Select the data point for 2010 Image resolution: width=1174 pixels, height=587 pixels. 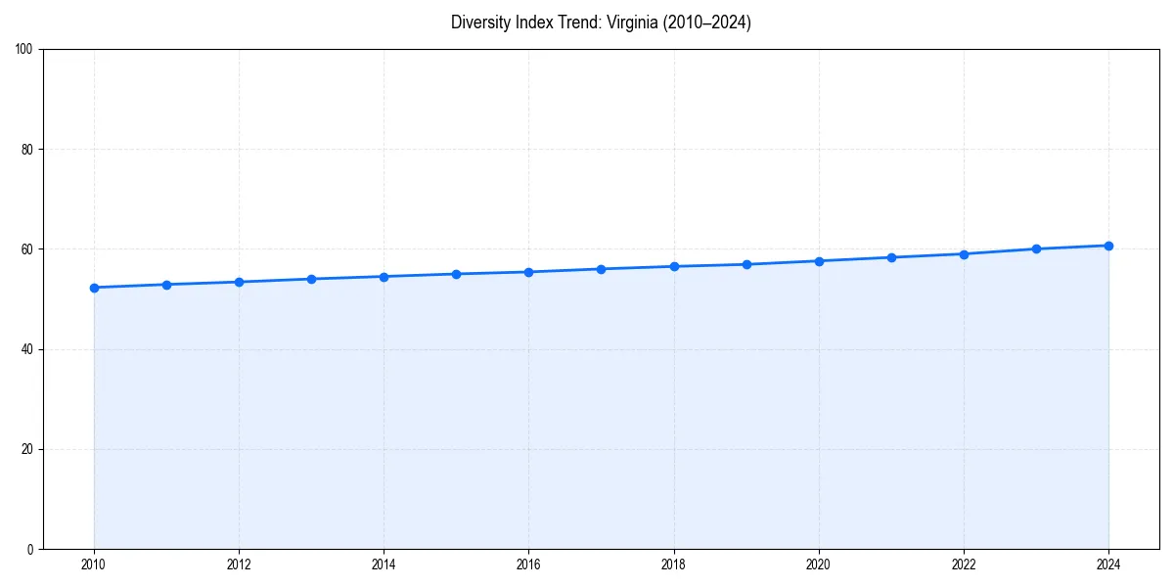(94, 288)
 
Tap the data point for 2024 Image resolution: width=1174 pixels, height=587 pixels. (1108, 246)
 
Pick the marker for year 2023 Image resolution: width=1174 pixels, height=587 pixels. (1036, 248)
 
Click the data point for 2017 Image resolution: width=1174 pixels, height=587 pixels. (601, 269)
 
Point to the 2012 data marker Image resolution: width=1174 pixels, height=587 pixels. (239, 282)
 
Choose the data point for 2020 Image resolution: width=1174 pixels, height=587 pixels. (819, 261)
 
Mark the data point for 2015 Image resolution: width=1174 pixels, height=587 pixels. (456, 274)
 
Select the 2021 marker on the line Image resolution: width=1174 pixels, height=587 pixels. (891, 257)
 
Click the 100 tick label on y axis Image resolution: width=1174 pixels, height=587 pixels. (24, 50)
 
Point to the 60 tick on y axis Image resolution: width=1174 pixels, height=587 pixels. (27, 249)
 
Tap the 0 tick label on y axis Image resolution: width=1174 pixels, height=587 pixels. (30, 549)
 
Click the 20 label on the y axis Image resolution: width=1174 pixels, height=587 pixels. (27, 449)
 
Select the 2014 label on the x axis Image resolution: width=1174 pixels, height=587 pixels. (384, 564)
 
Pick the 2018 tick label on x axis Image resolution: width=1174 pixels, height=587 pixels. (673, 564)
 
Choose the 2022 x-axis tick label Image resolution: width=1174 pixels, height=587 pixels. (964, 564)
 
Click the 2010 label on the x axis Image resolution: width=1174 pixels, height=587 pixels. (94, 564)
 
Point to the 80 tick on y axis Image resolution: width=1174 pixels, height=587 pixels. (27, 150)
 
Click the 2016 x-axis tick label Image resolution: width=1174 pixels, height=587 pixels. (528, 564)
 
